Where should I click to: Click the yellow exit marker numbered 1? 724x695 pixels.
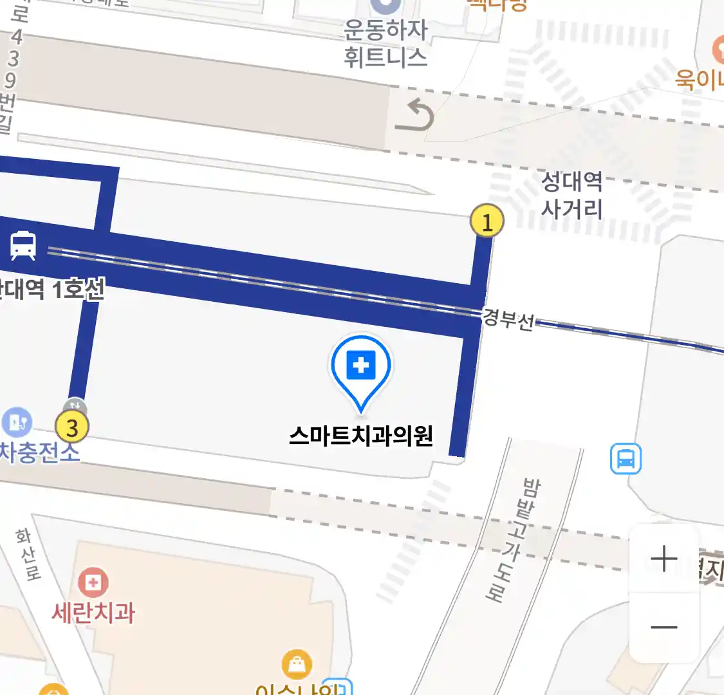point(487,221)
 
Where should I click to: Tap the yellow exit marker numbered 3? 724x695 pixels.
point(71,427)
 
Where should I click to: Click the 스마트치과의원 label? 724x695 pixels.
point(361,436)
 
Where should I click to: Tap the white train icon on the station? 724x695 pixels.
point(23,246)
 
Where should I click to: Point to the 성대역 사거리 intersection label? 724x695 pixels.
point(571,195)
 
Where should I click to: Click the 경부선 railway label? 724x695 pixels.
point(508,319)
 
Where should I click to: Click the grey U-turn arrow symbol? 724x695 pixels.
point(415,115)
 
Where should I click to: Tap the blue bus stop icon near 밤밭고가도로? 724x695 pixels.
point(626,459)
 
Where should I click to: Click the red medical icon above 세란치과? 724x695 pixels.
point(93,583)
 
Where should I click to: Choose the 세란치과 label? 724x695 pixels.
point(94,613)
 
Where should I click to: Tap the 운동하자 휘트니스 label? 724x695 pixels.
point(385,43)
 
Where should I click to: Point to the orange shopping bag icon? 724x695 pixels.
point(297,664)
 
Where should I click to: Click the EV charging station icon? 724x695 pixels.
point(17,422)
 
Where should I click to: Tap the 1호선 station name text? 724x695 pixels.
point(51,290)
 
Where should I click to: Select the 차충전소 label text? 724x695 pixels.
point(40,452)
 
